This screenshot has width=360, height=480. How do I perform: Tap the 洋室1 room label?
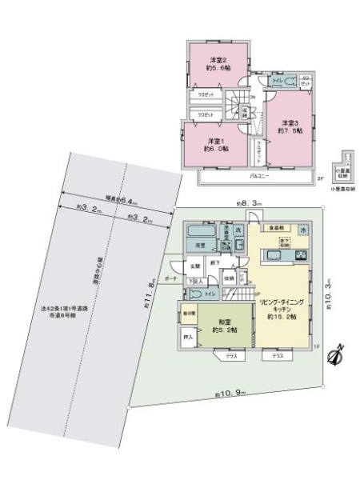click(x=215, y=144)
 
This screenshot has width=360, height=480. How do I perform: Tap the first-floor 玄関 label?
click(x=194, y=266)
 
